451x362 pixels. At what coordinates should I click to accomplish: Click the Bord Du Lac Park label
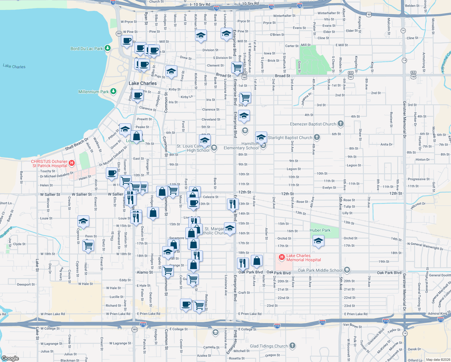(87, 49)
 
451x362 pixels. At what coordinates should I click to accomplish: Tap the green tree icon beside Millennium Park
(113, 91)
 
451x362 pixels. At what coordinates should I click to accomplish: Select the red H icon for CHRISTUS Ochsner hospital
(72, 163)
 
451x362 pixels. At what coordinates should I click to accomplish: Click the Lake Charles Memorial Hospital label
(303, 258)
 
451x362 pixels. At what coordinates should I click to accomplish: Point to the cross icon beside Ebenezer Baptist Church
(340, 123)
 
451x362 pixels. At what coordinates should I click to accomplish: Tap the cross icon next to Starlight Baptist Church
(317, 137)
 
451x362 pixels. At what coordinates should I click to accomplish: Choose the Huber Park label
(320, 230)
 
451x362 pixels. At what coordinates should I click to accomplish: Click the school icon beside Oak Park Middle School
(347, 270)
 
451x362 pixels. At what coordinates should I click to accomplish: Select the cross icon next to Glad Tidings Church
(292, 346)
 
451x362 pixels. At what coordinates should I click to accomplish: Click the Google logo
(10, 358)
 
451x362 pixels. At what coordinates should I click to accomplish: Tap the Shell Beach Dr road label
(77, 144)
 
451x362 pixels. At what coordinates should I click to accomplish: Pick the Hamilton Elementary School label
(241, 146)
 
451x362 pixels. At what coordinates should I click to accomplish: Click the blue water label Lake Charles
(14, 66)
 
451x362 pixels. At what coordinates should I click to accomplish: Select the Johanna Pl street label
(306, 99)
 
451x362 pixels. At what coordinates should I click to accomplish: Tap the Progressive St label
(418, 179)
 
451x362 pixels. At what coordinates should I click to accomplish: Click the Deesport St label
(26, 284)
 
